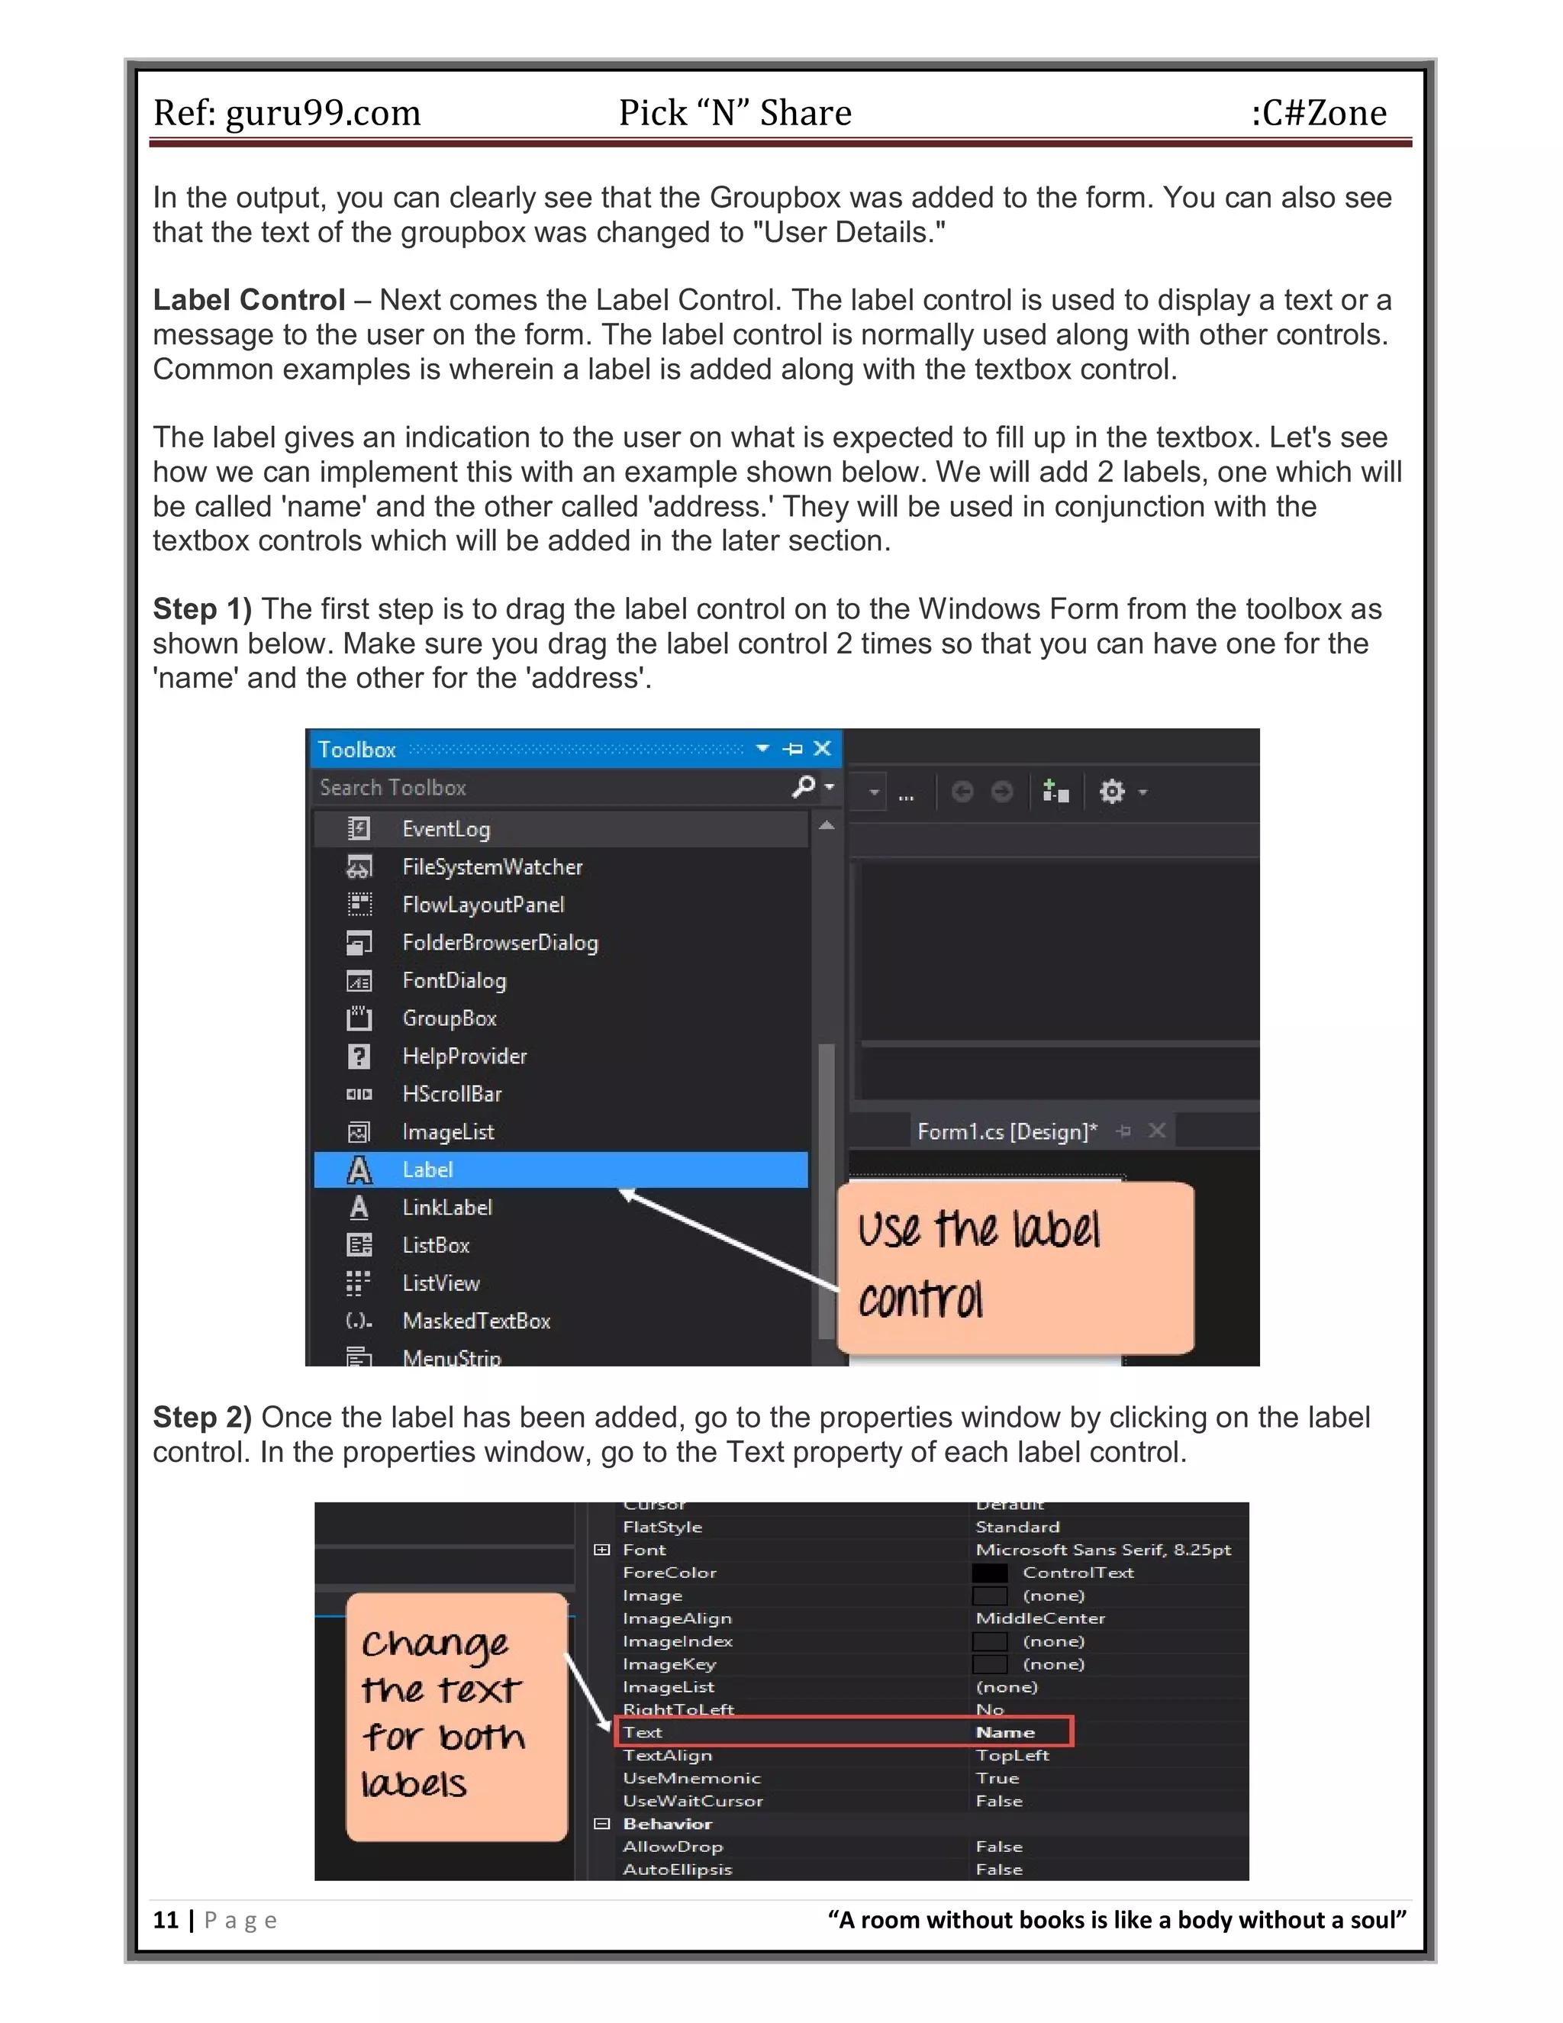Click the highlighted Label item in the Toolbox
[x=560, y=1170]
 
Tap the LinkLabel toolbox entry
[x=447, y=1208]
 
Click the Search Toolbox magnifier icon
[x=804, y=787]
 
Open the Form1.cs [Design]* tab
[x=1007, y=1131]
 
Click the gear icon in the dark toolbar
[x=1111, y=792]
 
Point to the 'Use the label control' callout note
[x=1015, y=1266]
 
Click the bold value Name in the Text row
[x=1006, y=1732]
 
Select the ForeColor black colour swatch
[x=989, y=1573]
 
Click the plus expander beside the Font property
[x=602, y=1550]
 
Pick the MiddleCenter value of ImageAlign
[x=1040, y=1618]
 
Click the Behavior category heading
[x=667, y=1824]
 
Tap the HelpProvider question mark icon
[x=359, y=1056]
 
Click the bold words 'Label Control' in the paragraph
[x=248, y=300]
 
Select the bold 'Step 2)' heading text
[x=201, y=1417]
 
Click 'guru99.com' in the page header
[x=323, y=113]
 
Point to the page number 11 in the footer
[x=166, y=1920]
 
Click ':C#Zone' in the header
[x=1319, y=113]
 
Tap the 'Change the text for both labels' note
[x=456, y=1716]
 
